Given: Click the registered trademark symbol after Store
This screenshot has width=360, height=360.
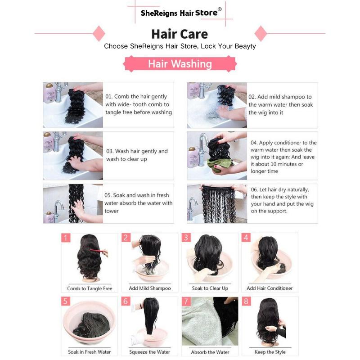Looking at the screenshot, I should [220, 9].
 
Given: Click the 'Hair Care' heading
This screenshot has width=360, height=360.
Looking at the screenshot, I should [180, 34].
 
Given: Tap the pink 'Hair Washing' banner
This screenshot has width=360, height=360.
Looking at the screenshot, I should [180, 64].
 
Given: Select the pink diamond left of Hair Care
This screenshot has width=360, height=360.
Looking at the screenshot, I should [99, 33].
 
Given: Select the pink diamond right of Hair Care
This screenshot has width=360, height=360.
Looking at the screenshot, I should [261, 33].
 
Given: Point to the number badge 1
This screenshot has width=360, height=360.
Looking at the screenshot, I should [66, 238].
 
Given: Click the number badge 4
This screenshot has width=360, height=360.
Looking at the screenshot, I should [246, 238].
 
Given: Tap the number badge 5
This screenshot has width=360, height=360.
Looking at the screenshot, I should [66, 301].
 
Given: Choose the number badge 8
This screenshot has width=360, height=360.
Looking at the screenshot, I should [246, 301].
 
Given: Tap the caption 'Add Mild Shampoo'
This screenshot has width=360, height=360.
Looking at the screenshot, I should [150, 288].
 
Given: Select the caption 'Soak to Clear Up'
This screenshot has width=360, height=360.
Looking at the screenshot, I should [210, 288].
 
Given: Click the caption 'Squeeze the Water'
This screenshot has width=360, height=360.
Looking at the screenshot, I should [150, 352].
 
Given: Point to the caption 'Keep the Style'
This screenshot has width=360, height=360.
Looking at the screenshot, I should [270, 352].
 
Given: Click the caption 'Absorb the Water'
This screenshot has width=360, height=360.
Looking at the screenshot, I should [210, 352].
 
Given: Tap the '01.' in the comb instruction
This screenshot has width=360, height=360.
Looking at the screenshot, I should [109, 96].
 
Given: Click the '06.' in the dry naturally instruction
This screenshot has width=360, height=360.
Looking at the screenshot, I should [255, 190].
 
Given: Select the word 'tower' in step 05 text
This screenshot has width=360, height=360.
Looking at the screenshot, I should [112, 211].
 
